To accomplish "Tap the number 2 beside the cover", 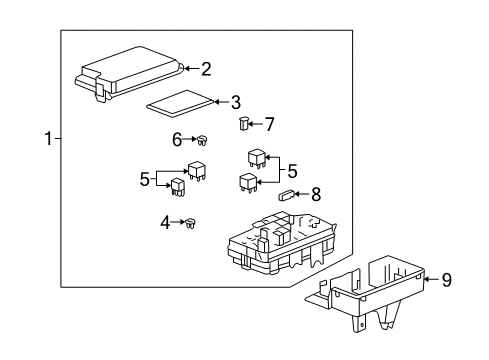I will tap(206, 69).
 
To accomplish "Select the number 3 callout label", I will tap(236, 101).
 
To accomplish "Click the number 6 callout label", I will tap(176, 140).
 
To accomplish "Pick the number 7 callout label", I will tap(269, 124).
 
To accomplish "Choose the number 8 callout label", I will tap(317, 196).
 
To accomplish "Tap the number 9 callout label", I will tap(446, 280).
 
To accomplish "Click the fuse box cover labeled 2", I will tap(130, 73).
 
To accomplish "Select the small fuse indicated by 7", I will tap(243, 124).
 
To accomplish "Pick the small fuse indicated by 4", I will tap(188, 224).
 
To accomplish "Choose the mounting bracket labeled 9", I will tap(370, 290).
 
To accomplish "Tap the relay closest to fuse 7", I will tap(256, 158).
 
